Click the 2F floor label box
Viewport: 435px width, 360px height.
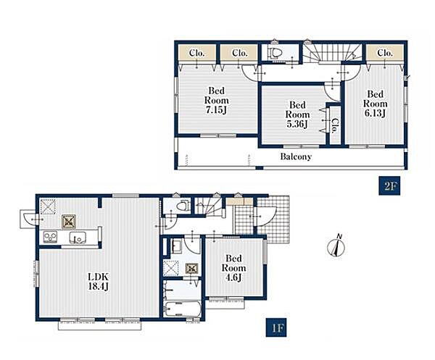point(389,185)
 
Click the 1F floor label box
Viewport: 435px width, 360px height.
point(276,327)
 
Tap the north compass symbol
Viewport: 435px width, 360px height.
point(336,246)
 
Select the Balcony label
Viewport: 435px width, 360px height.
point(296,157)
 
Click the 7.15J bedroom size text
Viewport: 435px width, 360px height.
point(216,110)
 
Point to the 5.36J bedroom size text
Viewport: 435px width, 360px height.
point(297,124)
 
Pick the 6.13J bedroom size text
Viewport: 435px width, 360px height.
point(375,113)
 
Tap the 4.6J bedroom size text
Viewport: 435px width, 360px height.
point(233,277)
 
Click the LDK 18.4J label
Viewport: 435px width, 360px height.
point(98,281)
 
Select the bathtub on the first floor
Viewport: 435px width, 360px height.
point(182,309)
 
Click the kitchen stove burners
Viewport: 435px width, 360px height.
point(50,238)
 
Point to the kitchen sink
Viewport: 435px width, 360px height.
point(77,238)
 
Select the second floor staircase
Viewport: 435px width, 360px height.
point(332,52)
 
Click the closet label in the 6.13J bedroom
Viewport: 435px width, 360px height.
point(385,52)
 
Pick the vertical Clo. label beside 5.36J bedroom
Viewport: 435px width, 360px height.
point(335,126)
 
